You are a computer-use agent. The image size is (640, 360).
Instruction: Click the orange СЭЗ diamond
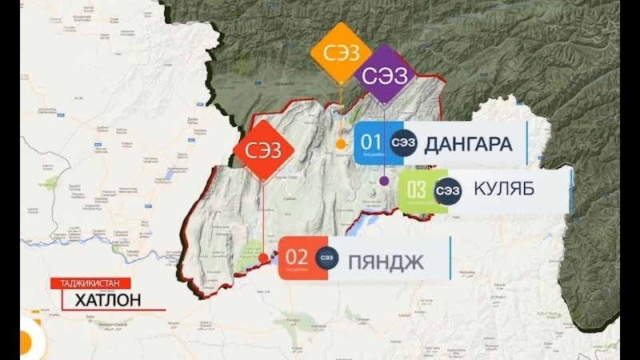(342, 54)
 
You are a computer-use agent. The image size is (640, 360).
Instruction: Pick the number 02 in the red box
(297, 257)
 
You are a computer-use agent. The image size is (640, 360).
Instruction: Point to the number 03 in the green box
(417, 190)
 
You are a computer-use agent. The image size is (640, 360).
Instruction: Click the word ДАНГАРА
(468, 143)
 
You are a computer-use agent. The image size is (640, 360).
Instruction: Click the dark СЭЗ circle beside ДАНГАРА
(402, 142)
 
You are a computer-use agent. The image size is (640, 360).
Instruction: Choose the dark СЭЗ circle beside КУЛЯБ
(448, 190)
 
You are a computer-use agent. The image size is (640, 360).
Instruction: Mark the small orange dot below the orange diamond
(341, 145)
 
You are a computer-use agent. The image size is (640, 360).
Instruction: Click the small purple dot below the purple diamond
(384, 180)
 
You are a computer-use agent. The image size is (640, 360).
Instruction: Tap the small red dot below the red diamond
(263, 258)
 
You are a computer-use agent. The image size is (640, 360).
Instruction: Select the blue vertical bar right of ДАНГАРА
(526, 142)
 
